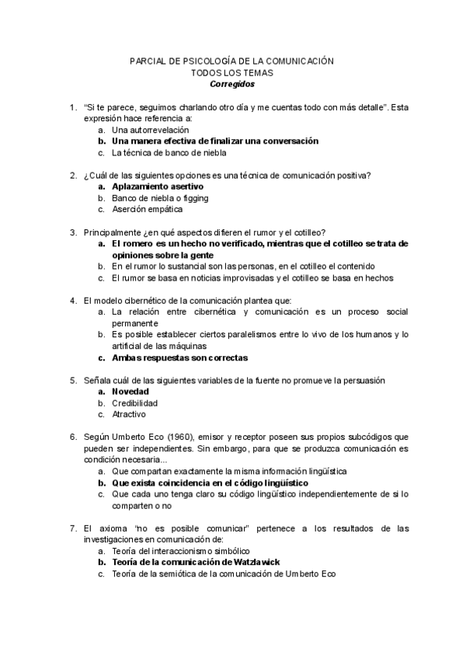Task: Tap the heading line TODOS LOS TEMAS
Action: [x=232, y=71]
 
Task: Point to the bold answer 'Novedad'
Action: [x=130, y=392]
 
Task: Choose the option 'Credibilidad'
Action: [x=134, y=403]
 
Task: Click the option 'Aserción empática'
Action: [x=147, y=209]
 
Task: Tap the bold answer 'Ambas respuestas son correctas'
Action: [x=179, y=357]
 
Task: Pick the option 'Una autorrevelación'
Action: [x=150, y=130]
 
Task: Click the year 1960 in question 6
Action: [x=175, y=437]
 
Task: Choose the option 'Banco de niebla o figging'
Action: [x=160, y=198]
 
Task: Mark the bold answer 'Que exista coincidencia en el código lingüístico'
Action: [x=210, y=483]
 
